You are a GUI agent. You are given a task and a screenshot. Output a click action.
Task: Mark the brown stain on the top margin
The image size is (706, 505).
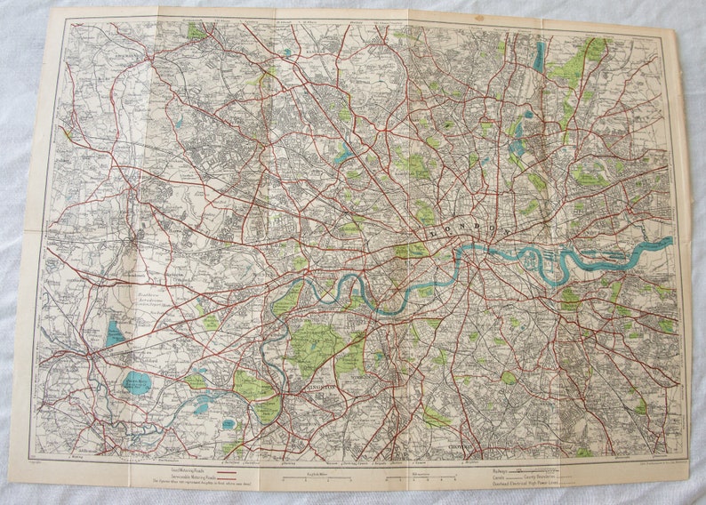[479, 17]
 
